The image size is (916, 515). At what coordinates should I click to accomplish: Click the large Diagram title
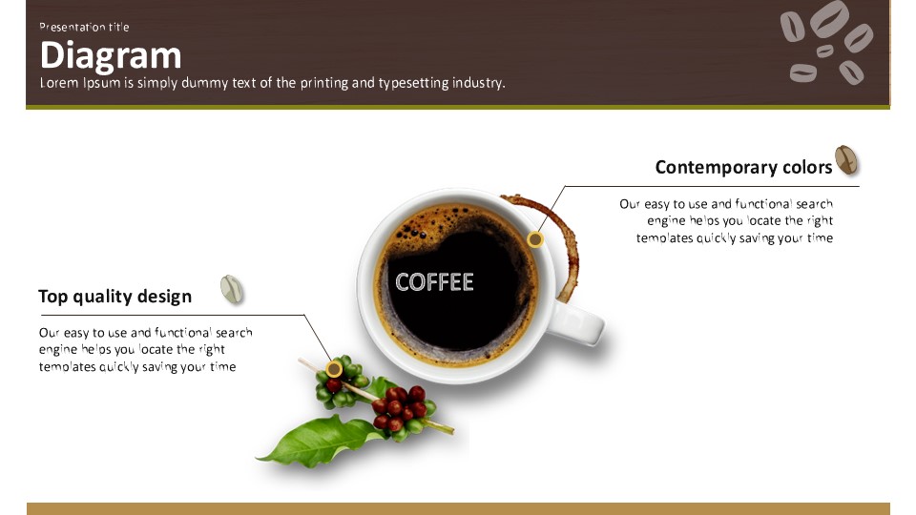[x=111, y=55]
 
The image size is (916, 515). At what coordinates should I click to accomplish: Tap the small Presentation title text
[x=84, y=27]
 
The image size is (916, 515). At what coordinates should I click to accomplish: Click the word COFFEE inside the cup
[x=434, y=282]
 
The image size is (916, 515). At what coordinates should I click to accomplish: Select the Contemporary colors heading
[x=743, y=168]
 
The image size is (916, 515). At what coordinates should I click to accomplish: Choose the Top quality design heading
[x=115, y=297]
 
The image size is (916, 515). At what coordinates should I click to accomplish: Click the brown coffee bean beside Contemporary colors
[x=846, y=160]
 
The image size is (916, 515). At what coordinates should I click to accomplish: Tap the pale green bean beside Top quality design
[x=231, y=289]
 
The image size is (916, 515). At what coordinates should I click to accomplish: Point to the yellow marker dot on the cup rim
[x=535, y=239]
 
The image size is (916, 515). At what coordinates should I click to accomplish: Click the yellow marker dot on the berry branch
[x=334, y=369]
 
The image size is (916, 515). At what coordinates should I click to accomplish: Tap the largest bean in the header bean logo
[x=829, y=18]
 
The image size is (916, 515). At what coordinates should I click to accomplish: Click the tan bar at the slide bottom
[x=458, y=508]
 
